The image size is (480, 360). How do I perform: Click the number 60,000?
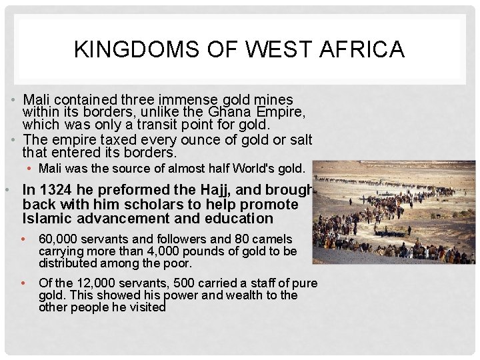click(61, 239)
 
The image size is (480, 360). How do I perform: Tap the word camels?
click(273, 239)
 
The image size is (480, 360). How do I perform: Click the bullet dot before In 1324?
click(6, 190)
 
